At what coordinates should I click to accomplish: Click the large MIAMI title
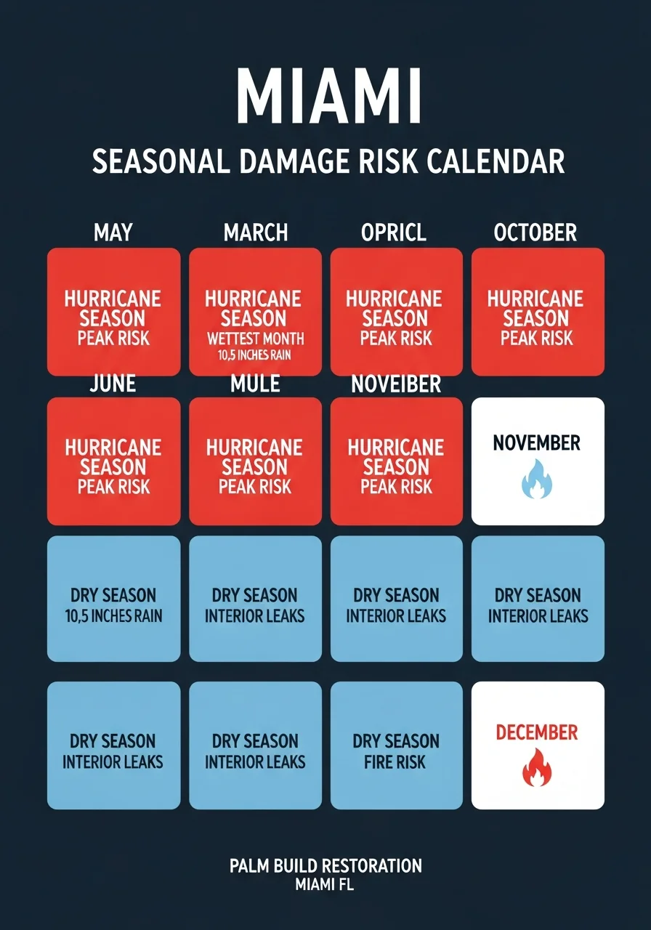(x=328, y=97)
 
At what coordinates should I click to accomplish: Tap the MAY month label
(x=113, y=232)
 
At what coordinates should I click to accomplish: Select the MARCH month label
(x=256, y=232)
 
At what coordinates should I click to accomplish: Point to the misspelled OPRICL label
(x=394, y=232)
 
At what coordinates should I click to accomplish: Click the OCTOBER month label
(x=535, y=232)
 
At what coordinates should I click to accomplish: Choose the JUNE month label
(x=113, y=383)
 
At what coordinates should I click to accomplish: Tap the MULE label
(x=255, y=383)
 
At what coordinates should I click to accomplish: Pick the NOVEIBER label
(x=396, y=383)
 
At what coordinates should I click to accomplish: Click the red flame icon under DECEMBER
(x=538, y=771)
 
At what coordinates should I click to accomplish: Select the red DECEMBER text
(x=537, y=732)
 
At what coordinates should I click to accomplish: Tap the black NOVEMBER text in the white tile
(x=537, y=442)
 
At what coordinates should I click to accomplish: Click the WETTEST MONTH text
(x=255, y=339)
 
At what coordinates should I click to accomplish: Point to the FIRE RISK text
(x=397, y=762)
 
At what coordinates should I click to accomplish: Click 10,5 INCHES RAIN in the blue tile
(x=113, y=616)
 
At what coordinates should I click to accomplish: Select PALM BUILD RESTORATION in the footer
(x=325, y=865)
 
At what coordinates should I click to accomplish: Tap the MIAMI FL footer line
(x=325, y=884)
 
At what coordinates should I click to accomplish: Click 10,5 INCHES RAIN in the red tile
(x=255, y=355)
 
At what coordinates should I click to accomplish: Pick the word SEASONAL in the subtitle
(x=161, y=161)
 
